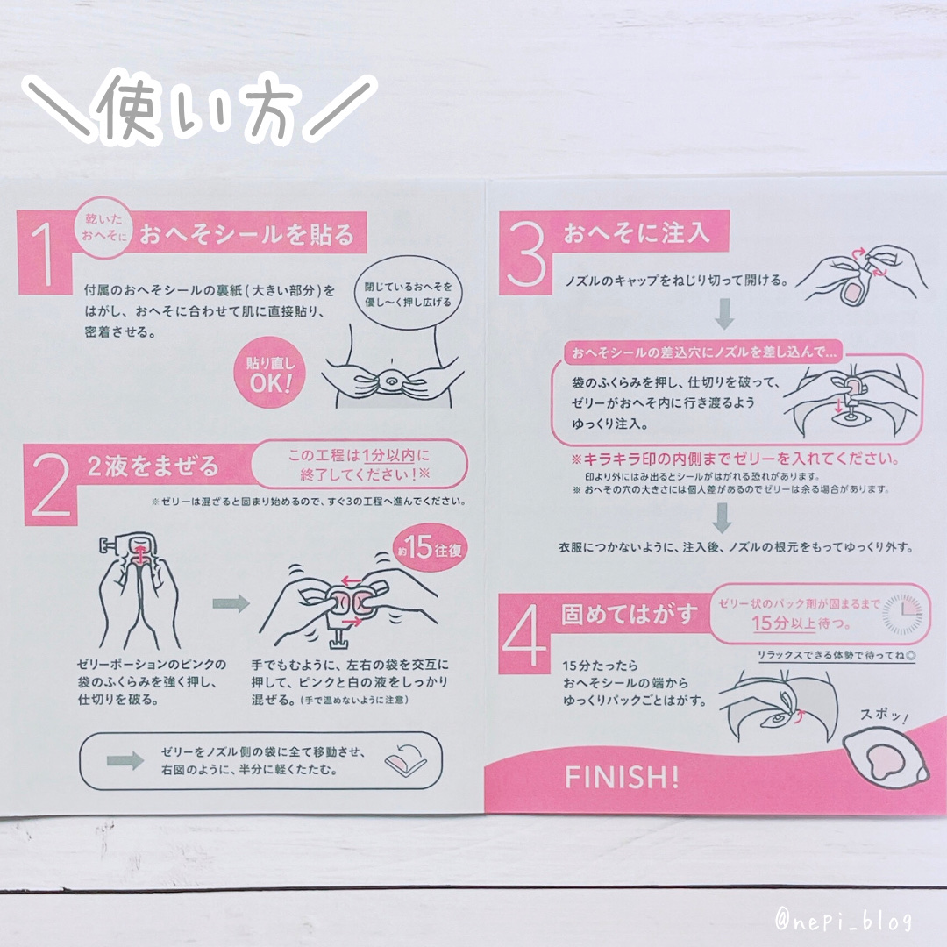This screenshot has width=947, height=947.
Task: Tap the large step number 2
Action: (52, 485)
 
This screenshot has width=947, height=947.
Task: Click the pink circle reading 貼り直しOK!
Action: (269, 372)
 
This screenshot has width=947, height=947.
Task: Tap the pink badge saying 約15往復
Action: (430, 548)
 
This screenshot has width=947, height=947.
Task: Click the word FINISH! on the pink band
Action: (622, 777)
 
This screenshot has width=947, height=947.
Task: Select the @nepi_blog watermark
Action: (844, 921)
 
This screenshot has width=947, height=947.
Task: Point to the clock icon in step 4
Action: (902, 614)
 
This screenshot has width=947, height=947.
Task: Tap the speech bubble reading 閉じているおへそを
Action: (408, 294)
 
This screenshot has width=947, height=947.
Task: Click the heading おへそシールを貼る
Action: (247, 234)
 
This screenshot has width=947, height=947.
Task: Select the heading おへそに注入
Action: (636, 231)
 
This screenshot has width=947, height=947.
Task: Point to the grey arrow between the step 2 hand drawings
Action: (231, 602)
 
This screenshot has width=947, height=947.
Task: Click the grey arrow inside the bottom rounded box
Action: (125, 760)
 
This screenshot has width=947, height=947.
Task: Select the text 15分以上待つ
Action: (801, 623)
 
